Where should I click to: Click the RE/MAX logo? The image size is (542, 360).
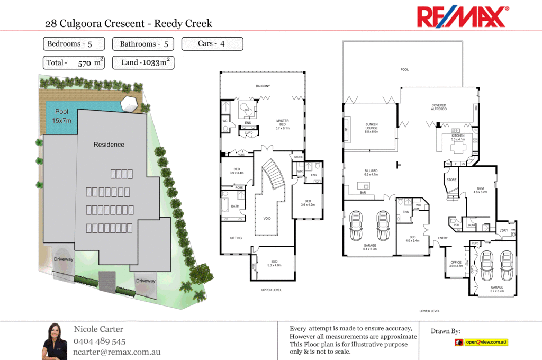pyautogui.click(x=463, y=17)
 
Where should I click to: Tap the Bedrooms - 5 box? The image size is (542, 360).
pyautogui.click(x=74, y=44)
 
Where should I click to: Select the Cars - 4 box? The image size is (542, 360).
pyautogui.click(x=212, y=44)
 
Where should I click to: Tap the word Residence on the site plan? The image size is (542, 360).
pyautogui.click(x=109, y=145)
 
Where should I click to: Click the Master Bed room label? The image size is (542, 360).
pyautogui.click(x=283, y=124)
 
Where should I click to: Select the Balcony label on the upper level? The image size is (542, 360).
pyautogui.click(x=263, y=86)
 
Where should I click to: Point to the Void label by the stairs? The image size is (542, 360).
pyautogui.click(x=267, y=218)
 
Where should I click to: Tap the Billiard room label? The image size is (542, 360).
pyautogui.click(x=370, y=172)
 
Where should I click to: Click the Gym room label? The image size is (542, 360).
pyautogui.click(x=480, y=190)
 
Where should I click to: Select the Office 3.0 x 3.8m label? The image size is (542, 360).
pyautogui.click(x=456, y=264)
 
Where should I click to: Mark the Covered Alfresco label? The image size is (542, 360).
pyautogui.click(x=439, y=107)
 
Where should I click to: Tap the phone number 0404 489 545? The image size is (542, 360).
pyautogui.click(x=100, y=341)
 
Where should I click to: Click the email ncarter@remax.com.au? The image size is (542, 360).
pyautogui.click(x=116, y=352)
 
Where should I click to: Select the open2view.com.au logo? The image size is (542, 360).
pyautogui.click(x=482, y=343)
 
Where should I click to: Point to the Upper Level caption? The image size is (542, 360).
pyautogui.click(x=272, y=290)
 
